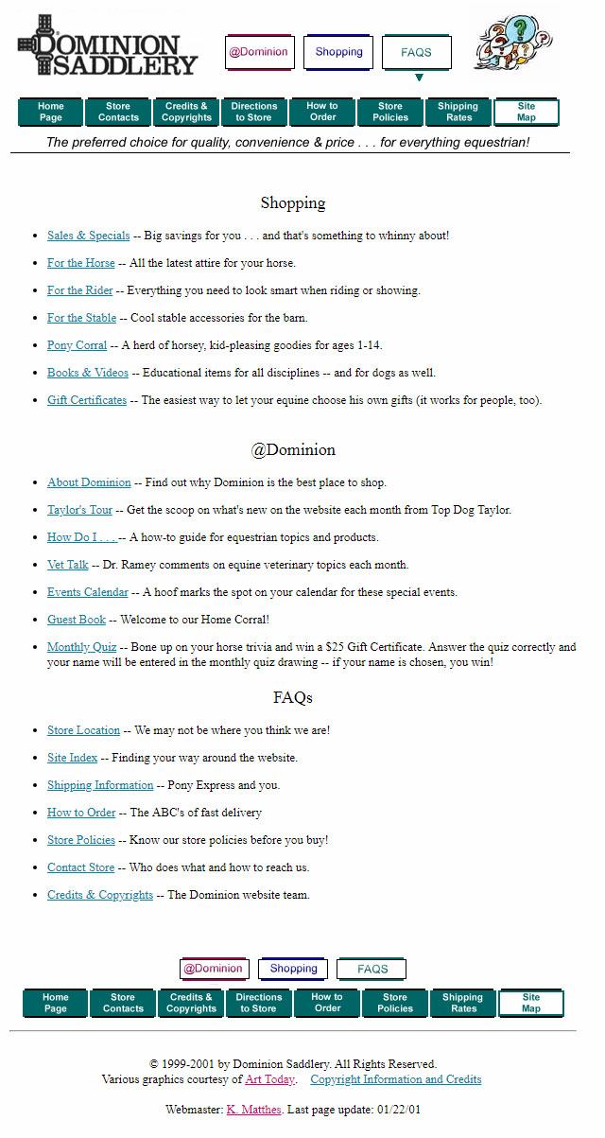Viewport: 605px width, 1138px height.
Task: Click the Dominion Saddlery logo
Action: [108, 46]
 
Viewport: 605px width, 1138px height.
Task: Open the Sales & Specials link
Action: [89, 236]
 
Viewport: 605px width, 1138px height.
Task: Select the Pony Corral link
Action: [78, 345]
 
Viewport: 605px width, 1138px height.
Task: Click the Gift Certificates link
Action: [87, 400]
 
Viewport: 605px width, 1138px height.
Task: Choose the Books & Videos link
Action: [88, 373]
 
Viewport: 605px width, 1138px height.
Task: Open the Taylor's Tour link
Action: [80, 510]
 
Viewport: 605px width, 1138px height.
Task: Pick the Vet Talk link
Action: [68, 565]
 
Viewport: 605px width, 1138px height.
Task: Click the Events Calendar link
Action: [88, 592]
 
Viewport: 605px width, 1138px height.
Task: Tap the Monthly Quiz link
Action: [82, 647]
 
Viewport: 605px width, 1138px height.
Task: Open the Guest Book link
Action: [77, 620]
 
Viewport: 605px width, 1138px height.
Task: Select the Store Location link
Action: [84, 730]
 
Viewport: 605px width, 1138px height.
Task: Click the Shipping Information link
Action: [100, 785]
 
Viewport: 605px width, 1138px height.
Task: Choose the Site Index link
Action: [73, 758]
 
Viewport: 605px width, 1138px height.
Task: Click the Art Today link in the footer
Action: [269, 1079]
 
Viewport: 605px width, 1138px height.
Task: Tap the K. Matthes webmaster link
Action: [253, 1110]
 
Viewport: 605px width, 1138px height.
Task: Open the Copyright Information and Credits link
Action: [396, 1079]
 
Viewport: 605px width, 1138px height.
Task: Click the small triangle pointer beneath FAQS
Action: [419, 78]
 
